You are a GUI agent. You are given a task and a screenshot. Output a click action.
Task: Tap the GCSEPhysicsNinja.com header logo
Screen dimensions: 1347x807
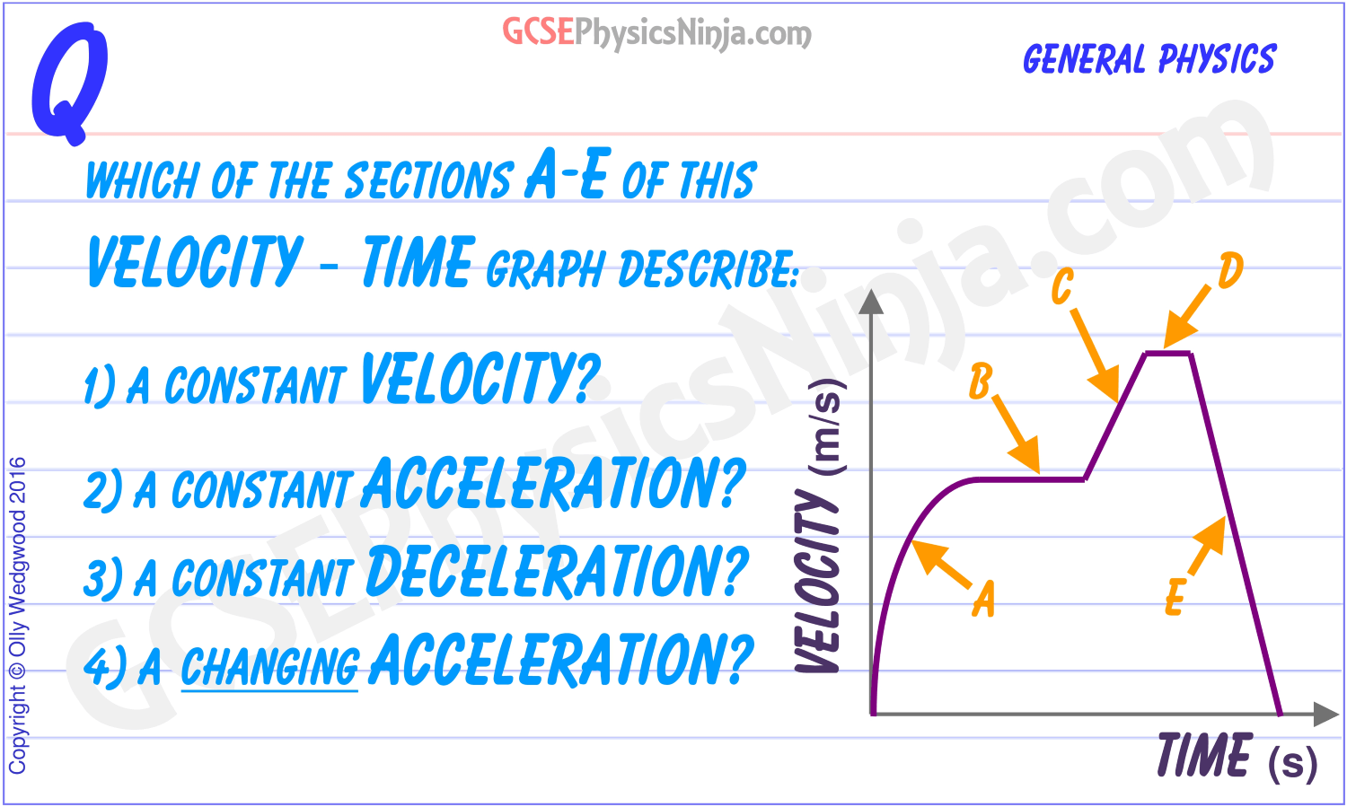pos(656,33)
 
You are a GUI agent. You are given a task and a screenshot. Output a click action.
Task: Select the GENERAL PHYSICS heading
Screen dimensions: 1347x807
pos(1149,59)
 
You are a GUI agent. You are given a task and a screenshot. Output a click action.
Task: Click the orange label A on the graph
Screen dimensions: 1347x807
pos(984,598)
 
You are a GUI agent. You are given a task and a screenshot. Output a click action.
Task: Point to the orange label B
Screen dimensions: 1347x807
pos(981,382)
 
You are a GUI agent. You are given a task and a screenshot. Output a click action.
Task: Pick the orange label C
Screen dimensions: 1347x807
pos(1062,286)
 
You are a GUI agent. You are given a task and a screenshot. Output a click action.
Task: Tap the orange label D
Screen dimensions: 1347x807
pos(1230,270)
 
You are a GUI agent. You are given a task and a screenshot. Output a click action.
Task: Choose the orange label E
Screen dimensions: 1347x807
pos(1175,597)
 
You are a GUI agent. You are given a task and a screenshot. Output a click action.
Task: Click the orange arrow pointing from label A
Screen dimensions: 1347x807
pos(941,564)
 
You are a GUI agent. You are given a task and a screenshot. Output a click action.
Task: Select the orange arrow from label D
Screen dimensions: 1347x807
pos(1187,317)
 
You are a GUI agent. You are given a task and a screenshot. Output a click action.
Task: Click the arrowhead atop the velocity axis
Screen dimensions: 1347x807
pos(871,302)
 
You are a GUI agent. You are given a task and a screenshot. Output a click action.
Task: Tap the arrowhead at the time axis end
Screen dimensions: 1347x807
pos(1326,714)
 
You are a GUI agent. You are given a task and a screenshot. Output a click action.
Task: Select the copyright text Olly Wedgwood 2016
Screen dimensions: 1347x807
pos(17,615)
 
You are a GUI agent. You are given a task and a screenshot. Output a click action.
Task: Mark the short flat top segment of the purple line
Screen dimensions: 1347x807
pos(1167,354)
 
